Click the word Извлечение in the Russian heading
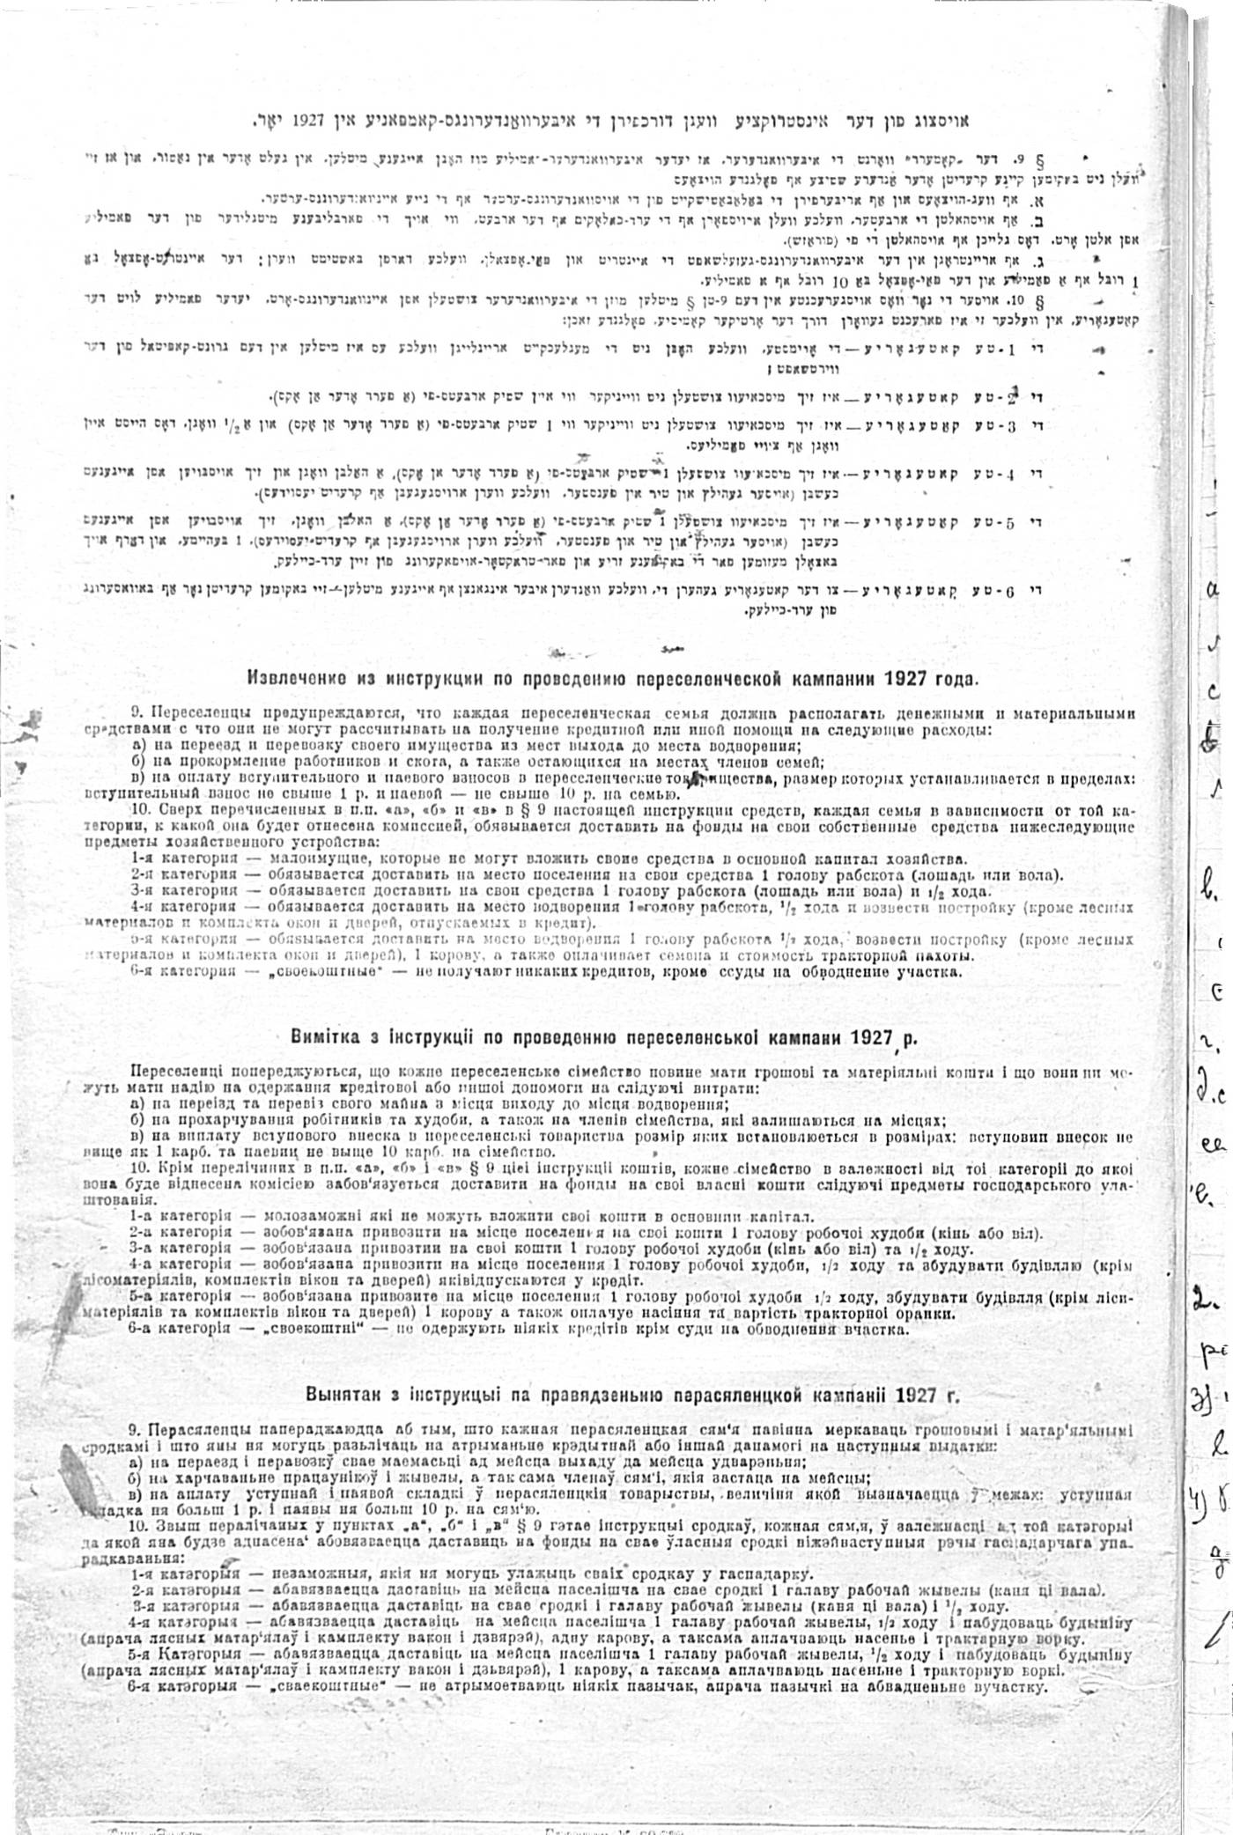[292, 680]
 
